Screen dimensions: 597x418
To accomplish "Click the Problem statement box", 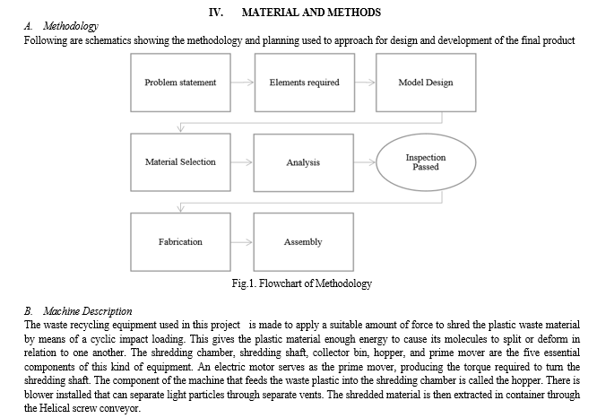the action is (180, 83).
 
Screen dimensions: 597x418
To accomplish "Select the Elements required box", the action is (305, 83).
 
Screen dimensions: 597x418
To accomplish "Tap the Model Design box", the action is (426, 83).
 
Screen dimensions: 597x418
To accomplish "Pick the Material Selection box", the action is (180, 162).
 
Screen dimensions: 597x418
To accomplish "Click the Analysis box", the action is (304, 162).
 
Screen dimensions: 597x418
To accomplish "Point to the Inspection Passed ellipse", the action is (426, 162).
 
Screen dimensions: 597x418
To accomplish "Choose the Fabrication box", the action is (180, 242).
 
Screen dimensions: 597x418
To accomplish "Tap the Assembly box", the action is (304, 242).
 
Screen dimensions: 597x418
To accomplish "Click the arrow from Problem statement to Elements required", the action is (243, 83).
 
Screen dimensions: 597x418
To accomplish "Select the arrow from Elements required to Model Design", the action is (365, 83).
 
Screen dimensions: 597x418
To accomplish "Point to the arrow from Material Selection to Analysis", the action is (242, 162).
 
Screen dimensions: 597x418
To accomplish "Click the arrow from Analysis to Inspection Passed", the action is (365, 162).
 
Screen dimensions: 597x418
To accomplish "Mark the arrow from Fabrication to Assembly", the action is (242, 242).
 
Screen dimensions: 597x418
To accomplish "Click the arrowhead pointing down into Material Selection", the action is (181, 128).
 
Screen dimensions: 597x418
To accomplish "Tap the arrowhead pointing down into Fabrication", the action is (181, 208).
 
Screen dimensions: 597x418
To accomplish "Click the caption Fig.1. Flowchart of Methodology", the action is (302, 283).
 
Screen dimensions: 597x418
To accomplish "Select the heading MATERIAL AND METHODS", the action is (311, 13).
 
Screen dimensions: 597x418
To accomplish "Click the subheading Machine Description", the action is (88, 311).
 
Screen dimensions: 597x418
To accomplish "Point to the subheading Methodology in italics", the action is (71, 26).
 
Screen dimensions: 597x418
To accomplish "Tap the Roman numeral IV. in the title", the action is (216, 13).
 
